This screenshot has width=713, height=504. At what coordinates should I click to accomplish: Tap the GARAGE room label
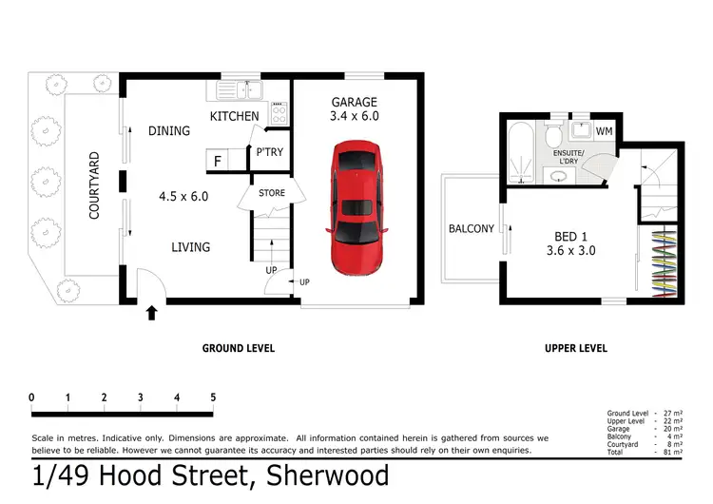point(354,103)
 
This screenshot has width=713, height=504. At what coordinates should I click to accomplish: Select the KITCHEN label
point(234,116)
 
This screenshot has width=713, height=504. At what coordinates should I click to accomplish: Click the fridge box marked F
point(217,161)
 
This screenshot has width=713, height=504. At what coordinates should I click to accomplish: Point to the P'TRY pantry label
point(269,153)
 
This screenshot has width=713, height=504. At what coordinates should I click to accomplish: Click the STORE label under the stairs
point(272,194)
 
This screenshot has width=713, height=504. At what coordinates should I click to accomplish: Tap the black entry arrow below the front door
point(150,311)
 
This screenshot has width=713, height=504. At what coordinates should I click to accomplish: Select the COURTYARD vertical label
point(94,185)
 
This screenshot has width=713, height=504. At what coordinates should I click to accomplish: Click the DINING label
point(169,132)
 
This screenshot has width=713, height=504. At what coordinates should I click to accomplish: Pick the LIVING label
point(190,247)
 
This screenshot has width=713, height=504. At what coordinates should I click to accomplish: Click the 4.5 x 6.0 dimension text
point(183,197)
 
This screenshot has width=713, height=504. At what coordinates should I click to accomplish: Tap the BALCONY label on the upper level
point(472,228)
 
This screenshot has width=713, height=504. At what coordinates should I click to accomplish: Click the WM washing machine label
point(604,129)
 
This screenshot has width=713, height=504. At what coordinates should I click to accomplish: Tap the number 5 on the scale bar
point(213,397)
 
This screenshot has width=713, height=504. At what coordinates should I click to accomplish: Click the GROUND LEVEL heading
point(238,348)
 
